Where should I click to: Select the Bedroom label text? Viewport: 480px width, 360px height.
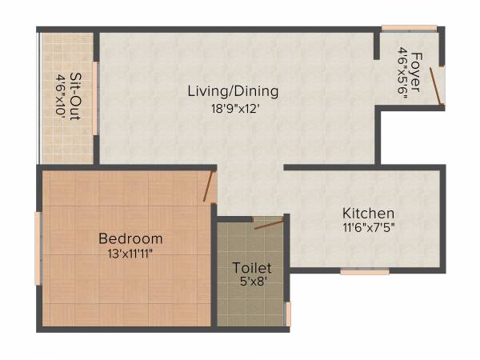[x=130, y=238]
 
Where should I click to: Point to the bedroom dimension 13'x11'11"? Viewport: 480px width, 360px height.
[x=130, y=254]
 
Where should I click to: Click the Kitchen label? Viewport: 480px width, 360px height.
[x=368, y=214]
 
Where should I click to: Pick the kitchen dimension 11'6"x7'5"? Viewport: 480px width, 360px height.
[x=368, y=227]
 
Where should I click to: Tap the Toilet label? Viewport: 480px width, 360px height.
[x=252, y=268]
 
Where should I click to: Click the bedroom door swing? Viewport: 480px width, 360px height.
[x=209, y=186]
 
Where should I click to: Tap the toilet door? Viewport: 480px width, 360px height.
[x=269, y=223]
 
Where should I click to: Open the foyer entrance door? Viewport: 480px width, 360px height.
[x=435, y=86]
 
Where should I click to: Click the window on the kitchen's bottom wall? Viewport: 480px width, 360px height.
[x=364, y=272]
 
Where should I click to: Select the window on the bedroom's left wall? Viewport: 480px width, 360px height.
[x=38, y=247]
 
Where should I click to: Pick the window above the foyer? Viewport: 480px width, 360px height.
[x=409, y=29]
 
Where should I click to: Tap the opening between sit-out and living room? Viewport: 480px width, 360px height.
[x=95, y=98]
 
